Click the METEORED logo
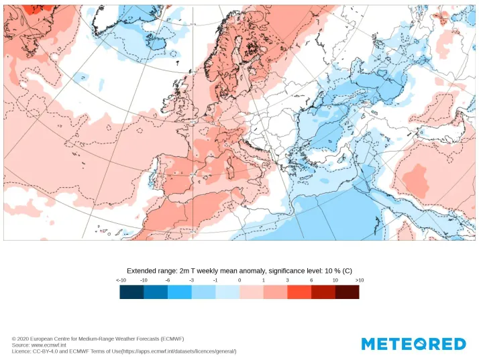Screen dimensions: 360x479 [413, 344]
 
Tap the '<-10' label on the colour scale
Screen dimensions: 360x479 [121, 280]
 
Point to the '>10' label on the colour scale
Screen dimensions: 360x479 [359, 280]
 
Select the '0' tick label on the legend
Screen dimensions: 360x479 [239, 280]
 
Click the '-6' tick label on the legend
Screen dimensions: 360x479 [168, 280]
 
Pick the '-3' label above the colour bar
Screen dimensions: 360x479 [192, 280]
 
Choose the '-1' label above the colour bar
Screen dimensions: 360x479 [215, 280]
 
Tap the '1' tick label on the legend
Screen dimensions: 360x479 [264, 280]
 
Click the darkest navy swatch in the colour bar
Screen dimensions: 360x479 [131, 292]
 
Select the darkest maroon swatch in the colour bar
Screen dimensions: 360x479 [347, 292]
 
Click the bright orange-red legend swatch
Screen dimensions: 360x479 [299, 292]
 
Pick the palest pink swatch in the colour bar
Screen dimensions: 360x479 [252, 292]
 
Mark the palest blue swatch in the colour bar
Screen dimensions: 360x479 [227, 292]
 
